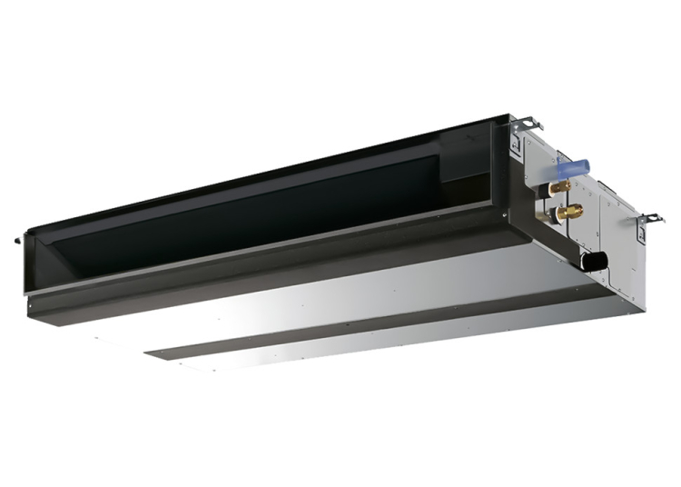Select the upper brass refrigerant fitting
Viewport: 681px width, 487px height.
pos(558,187)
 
